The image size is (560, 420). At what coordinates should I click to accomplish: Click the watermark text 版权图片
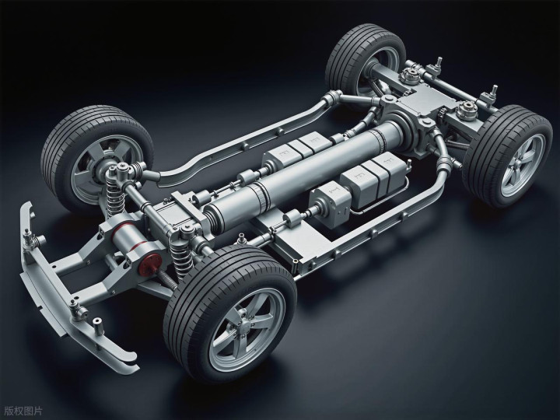(x=23, y=411)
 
